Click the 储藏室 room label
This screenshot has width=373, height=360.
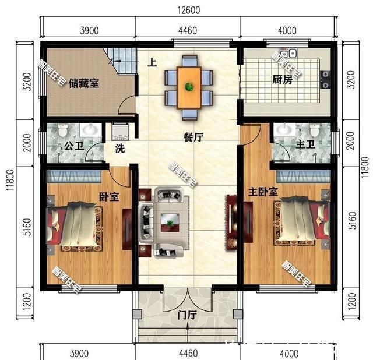coord(83,82)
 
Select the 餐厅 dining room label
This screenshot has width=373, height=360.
coord(193,137)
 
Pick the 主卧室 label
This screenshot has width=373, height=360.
coord(263,191)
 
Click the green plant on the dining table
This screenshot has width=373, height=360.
coord(189,87)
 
